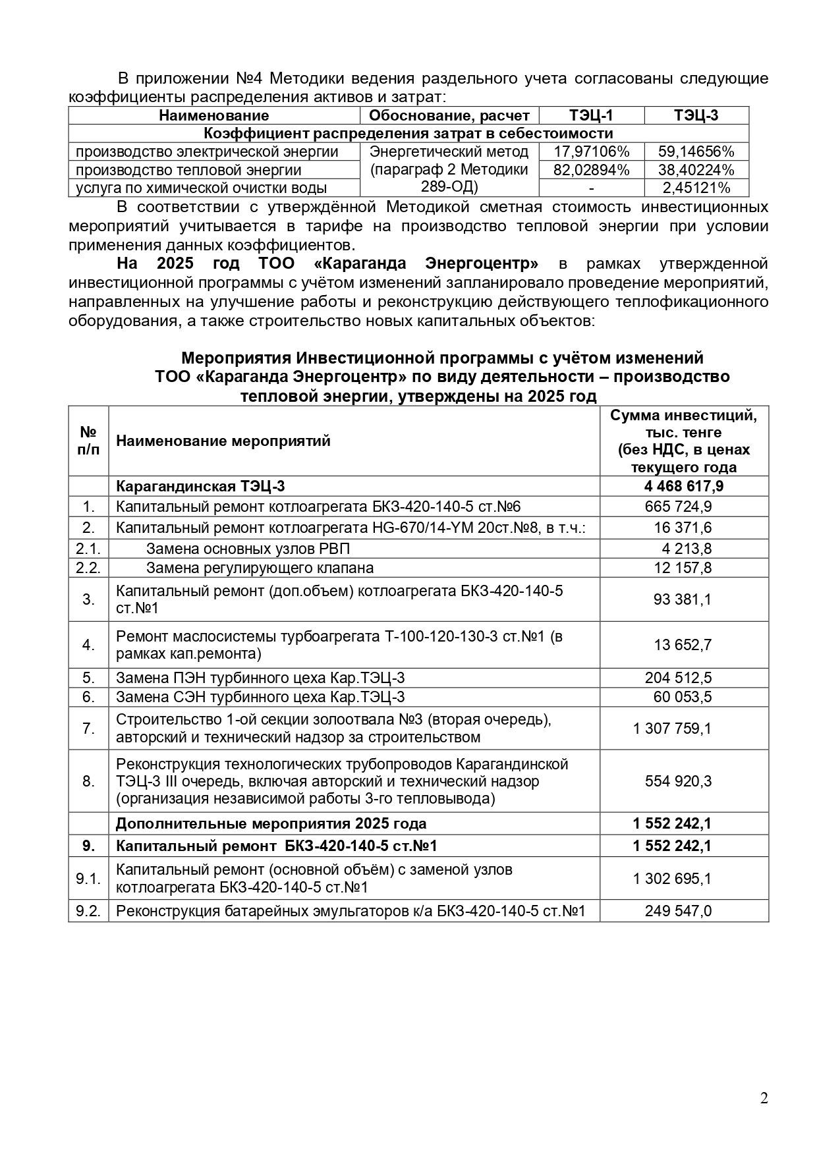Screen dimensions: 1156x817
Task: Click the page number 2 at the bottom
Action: pyautogui.click(x=764, y=1098)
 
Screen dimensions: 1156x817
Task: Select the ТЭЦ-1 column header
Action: pyautogui.click(x=591, y=115)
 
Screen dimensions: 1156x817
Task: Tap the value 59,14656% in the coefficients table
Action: pyautogui.click(x=696, y=151)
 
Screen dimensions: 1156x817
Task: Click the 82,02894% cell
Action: pyautogui.click(x=591, y=170)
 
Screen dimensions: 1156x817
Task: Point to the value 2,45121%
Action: pyautogui.click(x=696, y=188)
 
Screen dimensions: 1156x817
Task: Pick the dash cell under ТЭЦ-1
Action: pyautogui.click(x=591, y=188)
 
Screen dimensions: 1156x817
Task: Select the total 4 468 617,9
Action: pyautogui.click(x=683, y=486)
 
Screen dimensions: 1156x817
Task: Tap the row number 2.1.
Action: pyautogui.click(x=88, y=549)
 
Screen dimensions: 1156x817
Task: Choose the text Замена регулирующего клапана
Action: pyautogui.click(x=260, y=568)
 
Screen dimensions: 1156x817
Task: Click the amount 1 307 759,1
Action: pyautogui.click(x=672, y=729)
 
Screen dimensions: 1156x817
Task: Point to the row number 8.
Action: pyautogui.click(x=88, y=781)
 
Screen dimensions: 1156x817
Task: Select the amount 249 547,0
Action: pyautogui.click(x=678, y=911)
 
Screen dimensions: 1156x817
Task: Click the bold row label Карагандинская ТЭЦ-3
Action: pyautogui.click(x=200, y=486)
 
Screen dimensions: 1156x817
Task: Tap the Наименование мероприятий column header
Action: pyautogui.click(x=223, y=441)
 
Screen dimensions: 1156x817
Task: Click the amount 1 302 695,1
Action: pyautogui.click(x=672, y=879)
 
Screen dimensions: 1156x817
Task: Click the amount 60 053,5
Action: pyautogui.click(x=681, y=697)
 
